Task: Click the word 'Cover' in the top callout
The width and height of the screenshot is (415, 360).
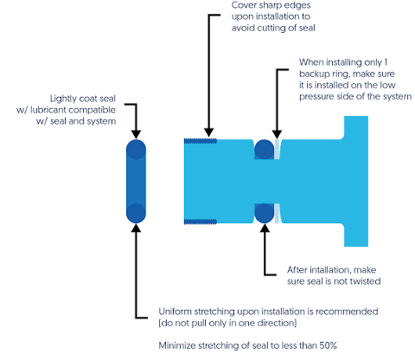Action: pyautogui.click(x=243, y=5)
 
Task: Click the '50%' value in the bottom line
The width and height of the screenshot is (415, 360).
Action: pyautogui.click(x=328, y=345)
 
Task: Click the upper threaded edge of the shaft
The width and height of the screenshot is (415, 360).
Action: pyautogui.click(x=201, y=141)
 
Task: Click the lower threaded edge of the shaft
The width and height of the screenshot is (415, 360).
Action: pyautogui.click(x=201, y=222)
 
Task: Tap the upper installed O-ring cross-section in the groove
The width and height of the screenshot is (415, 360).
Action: pyautogui.click(x=264, y=149)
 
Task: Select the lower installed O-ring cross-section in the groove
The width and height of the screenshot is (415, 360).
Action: pyautogui.click(x=264, y=213)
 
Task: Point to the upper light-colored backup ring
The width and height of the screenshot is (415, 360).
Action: pyautogui.click(x=277, y=149)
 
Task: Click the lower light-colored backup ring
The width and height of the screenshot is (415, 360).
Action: pyautogui.click(x=277, y=213)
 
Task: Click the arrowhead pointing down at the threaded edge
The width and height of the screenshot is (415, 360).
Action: pyautogui.click(x=209, y=132)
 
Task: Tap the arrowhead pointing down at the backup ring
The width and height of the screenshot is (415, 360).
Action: pyautogui.click(x=277, y=134)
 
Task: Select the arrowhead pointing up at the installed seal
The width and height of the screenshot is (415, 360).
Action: pyautogui.click(x=265, y=228)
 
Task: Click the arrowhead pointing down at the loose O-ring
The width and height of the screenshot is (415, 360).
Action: pyautogui.click(x=136, y=134)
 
